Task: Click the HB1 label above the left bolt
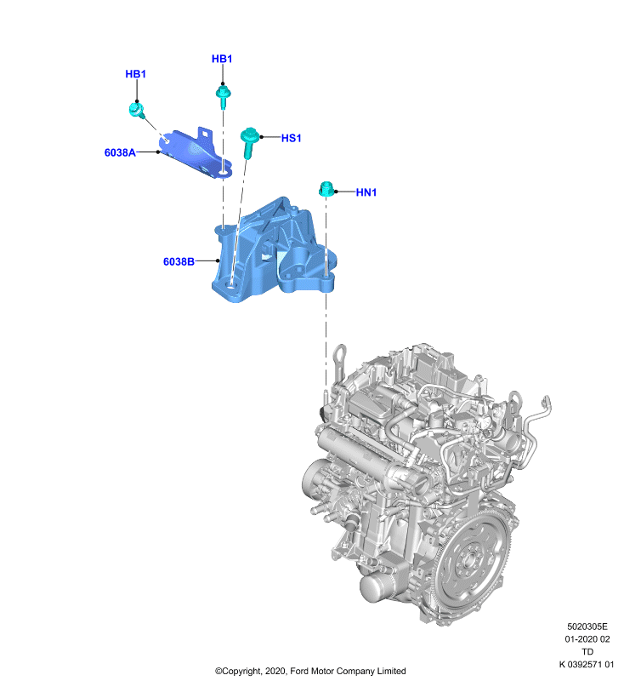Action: coord(135,74)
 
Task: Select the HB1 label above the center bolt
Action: coord(222,59)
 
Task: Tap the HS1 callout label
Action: coord(291,138)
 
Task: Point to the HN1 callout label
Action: coord(366,192)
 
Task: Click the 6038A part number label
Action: coord(120,152)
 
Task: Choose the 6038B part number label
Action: coord(179,261)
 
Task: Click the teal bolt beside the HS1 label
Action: coord(249,141)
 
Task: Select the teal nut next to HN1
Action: coord(326,189)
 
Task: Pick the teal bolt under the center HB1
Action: coord(223,97)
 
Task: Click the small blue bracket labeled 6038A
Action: coord(196,153)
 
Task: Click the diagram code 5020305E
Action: coord(587,627)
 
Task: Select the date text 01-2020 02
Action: coord(587,639)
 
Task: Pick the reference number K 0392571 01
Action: coord(587,664)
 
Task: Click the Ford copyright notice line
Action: coord(310,671)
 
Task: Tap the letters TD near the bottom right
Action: coord(587,652)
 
